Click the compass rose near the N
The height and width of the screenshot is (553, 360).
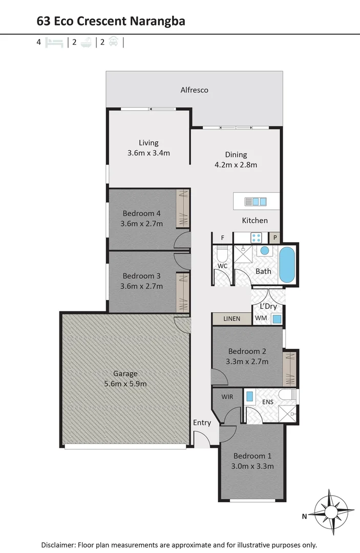(331, 512)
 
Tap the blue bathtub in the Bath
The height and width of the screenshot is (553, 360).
(287, 265)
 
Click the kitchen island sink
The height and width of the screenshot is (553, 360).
(256, 202)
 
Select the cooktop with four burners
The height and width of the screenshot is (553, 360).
(257, 238)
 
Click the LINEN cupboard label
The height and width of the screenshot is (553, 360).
(231, 319)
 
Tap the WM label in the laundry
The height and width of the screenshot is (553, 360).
(261, 318)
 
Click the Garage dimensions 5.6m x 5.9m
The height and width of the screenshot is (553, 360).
(125, 384)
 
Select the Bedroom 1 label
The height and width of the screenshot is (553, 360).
(252, 456)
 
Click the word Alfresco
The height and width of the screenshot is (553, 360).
(194, 90)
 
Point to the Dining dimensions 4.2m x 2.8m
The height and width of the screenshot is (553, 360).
(236, 165)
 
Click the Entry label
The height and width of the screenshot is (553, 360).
(202, 423)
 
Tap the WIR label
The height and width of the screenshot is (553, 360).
(227, 397)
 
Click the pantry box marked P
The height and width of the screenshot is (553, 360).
(275, 238)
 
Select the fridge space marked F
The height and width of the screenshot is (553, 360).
(222, 238)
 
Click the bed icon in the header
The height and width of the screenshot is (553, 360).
(54, 42)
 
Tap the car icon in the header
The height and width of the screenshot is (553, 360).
(113, 41)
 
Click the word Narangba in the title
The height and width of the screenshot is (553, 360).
(157, 21)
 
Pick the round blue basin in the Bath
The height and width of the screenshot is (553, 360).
(265, 251)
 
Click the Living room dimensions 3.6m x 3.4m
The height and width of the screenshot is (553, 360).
(149, 153)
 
